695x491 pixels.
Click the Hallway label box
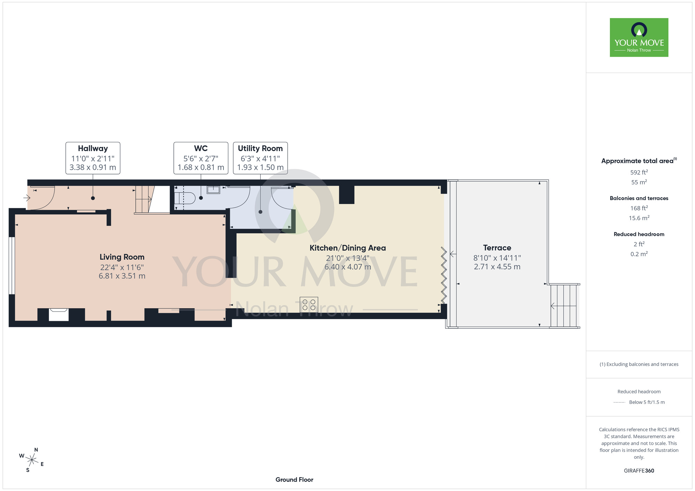click(x=93, y=158)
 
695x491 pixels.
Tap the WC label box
click(x=201, y=158)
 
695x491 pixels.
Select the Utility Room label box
click(x=260, y=158)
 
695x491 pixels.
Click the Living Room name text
click(x=122, y=257)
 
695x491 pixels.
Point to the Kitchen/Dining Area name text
click(x=347, y=248)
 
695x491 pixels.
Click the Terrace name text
click(x=497, y=248)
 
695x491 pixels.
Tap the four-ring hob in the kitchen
click(x=309, y=305)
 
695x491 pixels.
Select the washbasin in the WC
click(x=213, y=190)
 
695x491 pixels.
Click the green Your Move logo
click(x=639, y=38)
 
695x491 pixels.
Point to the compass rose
click(x=32, y=460)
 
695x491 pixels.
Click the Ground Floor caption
click(x=294, y=480)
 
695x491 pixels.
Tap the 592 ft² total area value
click(x=639, y=172)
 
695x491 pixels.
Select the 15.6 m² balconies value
click(x=639, y=218)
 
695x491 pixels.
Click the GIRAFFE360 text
click(x=639, y=471)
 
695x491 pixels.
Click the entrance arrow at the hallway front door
click(x=27, y=198)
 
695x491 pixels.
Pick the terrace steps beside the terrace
click(x=564, y=306)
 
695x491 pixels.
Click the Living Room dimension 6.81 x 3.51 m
click(x=122, y=276)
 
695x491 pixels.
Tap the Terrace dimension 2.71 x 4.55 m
click(x=497, y=267)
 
